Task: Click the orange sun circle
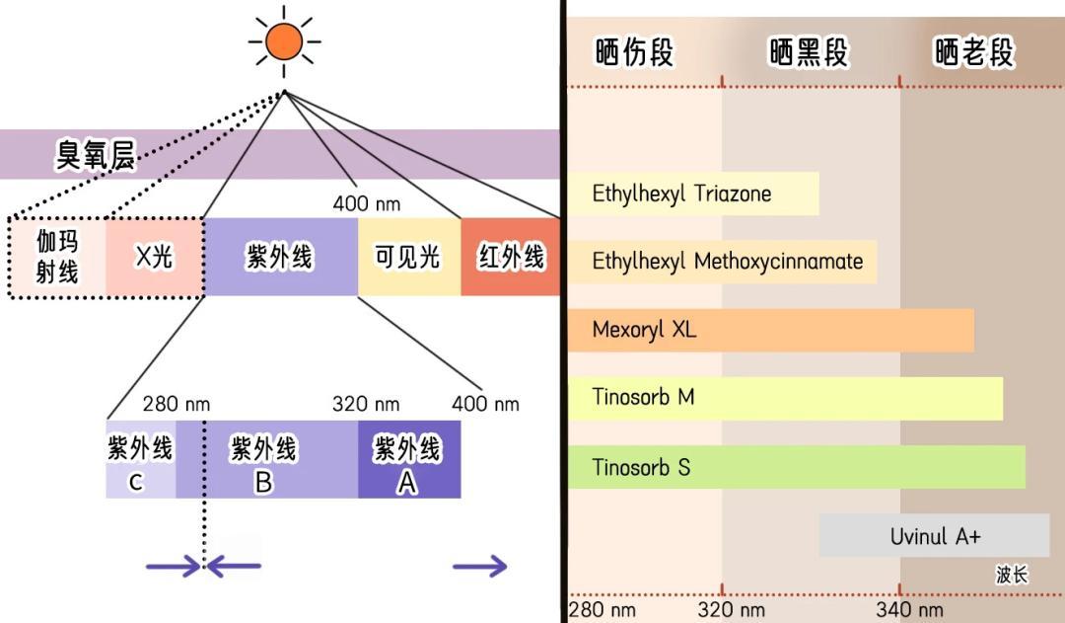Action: (x=284, y=40)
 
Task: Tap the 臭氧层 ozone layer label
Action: (x=95, y=155)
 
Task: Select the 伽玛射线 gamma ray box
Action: (x=57, y=257)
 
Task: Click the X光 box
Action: (x=154, y=257)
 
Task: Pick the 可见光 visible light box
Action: (x=408, y=257)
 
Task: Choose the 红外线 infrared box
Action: (x=511, y=257)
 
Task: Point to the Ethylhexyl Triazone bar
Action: (x=692, y=194)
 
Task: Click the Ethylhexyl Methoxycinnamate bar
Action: (x=722, y=262)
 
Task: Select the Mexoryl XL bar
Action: (x=769, y=330)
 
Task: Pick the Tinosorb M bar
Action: (x=784, y=398)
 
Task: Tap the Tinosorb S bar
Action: (x=795, y=467)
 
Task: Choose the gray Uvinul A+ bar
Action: (x=934, y=536)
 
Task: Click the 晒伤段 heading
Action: (x=634, y=52)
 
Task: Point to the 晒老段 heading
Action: (x=974, y=52)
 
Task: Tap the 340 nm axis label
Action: (x=909, y=610)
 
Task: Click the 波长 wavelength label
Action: (x=1012, y=575)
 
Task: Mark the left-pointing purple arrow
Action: (x=235, y=566)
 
